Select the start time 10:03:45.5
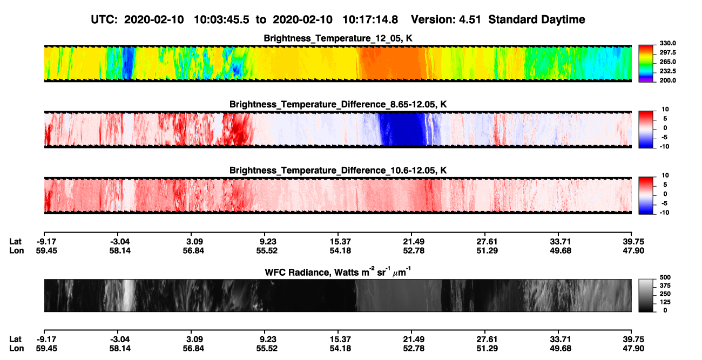pos(221,20)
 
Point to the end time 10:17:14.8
pos(370,20)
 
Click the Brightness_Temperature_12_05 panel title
pos(338,38)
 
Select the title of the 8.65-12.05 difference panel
pos(338,104)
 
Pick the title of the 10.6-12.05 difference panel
pos(338,171)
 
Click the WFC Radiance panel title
pos(338,272)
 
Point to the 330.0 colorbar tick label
pos(667,43)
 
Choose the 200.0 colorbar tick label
pos(667,80)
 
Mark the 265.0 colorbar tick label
pos(667,62)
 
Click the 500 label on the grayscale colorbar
pos(665,277)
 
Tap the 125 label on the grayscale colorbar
pos(665,302)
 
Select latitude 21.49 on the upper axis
pos(414,242)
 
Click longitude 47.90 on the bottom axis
pos(633,349)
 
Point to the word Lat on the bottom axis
pos(15,339)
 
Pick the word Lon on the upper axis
pos(17,250)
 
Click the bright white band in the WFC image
pos(128,295)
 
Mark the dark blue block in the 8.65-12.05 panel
pos(402,129)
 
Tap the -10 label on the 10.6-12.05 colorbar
pos(664,213)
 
